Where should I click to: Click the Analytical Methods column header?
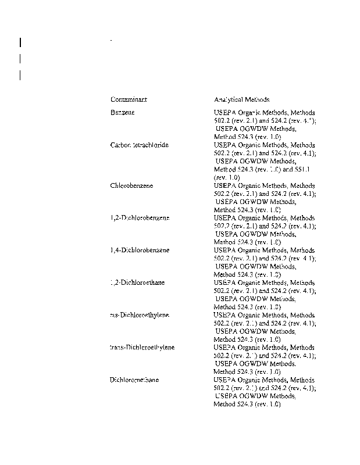pos(241,99)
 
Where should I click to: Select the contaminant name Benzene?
pos(122,112)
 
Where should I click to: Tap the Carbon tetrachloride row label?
pos(140,145)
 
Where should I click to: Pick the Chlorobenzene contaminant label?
pos(131,185)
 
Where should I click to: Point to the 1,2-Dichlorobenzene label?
pos(140,217)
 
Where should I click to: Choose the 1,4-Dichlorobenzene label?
pos(140,250)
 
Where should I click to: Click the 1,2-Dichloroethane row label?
pos(138,282)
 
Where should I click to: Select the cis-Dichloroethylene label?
pos(140,315)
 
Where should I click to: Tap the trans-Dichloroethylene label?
pos(142,347)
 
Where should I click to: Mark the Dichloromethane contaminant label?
pos(134,380)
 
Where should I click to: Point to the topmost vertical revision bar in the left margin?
pos(20,42)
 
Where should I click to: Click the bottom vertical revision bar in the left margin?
pos(20,75)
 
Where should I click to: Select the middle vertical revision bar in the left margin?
pos(20,58)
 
